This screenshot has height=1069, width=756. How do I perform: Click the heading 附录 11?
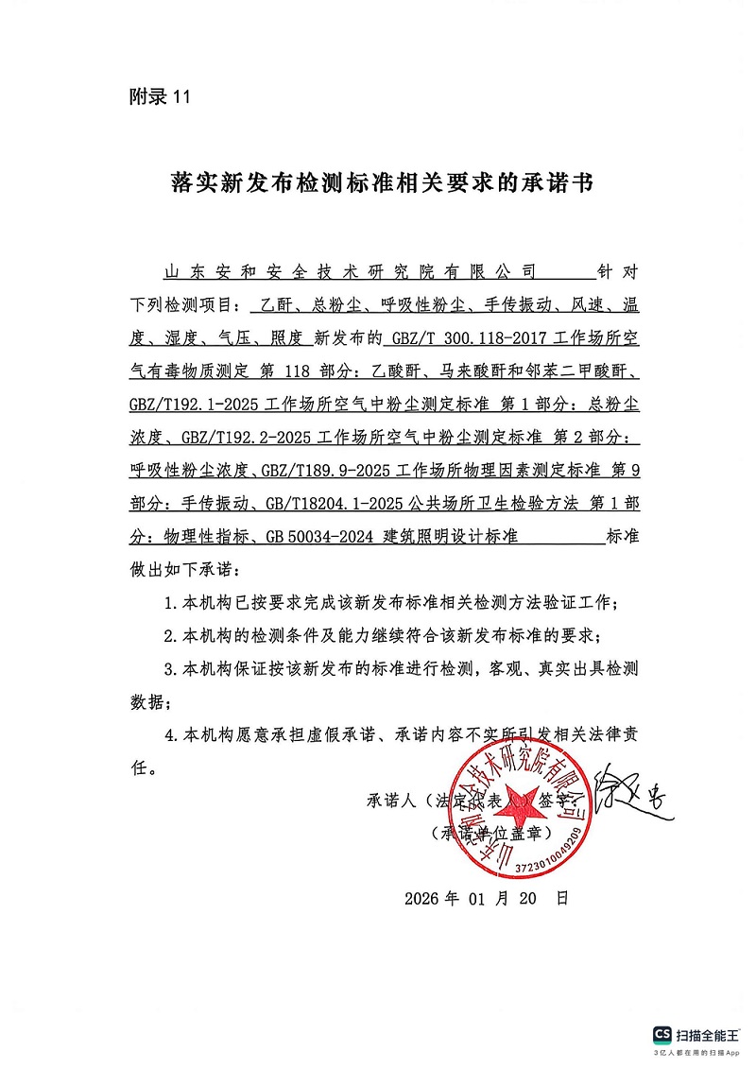click(159, 96)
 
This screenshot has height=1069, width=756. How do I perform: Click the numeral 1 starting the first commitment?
click(169, 602)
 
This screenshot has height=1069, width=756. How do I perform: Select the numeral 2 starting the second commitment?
click(169, 635)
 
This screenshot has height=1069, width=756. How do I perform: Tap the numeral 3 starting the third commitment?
click(169, 669)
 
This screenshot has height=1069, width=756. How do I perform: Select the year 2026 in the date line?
click(421, 898)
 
